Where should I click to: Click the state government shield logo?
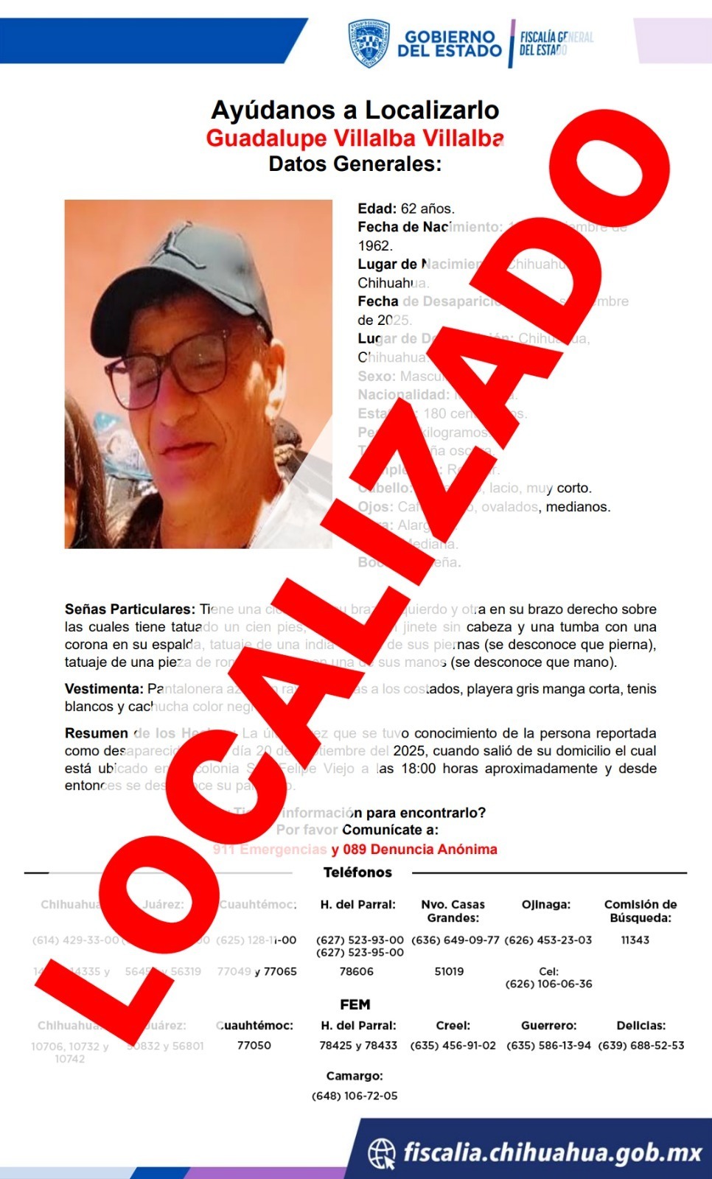click(x=369, y=43)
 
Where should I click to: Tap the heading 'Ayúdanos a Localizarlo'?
click(x=355, y=111)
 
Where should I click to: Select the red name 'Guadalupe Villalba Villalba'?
click(x=355, y=139)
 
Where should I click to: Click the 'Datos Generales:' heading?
click(x=355, y=164)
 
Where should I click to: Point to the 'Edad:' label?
click(x=377, y=209)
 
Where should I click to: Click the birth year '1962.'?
click(x=375, y=246)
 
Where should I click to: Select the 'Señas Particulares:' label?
click(x=130, y=609)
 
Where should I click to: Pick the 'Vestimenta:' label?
click(x=104, y=689)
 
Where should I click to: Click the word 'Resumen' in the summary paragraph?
click(x=97, y=733)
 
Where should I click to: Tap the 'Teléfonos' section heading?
click(x=357, y=872)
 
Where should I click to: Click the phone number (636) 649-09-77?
click(x=455, y=940)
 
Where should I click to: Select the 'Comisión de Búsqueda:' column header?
click(x=640, y=911)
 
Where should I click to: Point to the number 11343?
click(x=635, y=940)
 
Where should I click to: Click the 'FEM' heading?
click(x=355, y=1005)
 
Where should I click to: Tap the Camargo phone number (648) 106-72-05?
click(x=355, y=1096)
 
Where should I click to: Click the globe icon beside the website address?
click(x=382, y=1153)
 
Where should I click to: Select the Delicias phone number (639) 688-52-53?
click(x=641, y=1046)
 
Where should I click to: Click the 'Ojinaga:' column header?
click(x=546, y=904)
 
